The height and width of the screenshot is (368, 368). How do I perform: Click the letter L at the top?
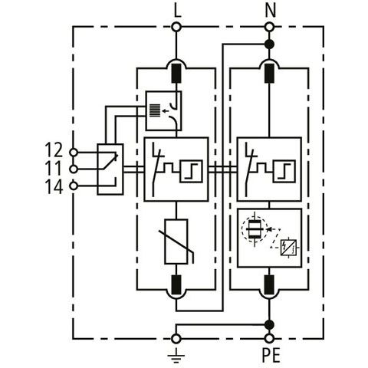[177, 11]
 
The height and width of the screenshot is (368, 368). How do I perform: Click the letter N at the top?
[271, 11]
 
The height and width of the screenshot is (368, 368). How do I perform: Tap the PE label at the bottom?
[271, 355]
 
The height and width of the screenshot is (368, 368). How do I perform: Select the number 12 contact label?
[54, 150]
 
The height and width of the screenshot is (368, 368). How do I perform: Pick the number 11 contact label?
[53, 168]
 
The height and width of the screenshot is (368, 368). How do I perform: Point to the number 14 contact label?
[54, 187]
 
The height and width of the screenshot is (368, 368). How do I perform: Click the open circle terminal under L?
[176, 27]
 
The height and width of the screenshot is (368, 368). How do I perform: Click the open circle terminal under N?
[269, 27]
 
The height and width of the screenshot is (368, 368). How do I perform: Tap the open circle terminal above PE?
[269, 339]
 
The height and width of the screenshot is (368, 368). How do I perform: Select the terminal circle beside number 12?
[74, 153]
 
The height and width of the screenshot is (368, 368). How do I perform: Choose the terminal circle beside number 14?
[74, 186]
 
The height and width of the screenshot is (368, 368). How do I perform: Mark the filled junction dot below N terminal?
[269, 44]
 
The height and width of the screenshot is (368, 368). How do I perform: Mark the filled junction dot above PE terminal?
[269, 325]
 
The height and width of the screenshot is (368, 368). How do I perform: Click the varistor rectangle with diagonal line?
[176, 242]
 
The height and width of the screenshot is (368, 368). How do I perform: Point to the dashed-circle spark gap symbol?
[255, 228]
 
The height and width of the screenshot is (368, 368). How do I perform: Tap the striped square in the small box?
[155, 110]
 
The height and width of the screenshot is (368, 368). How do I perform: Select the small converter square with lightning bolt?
[288, 248]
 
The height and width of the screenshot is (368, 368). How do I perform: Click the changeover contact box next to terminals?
[110, 169]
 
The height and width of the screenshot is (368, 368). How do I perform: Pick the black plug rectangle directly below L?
[176, 74]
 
